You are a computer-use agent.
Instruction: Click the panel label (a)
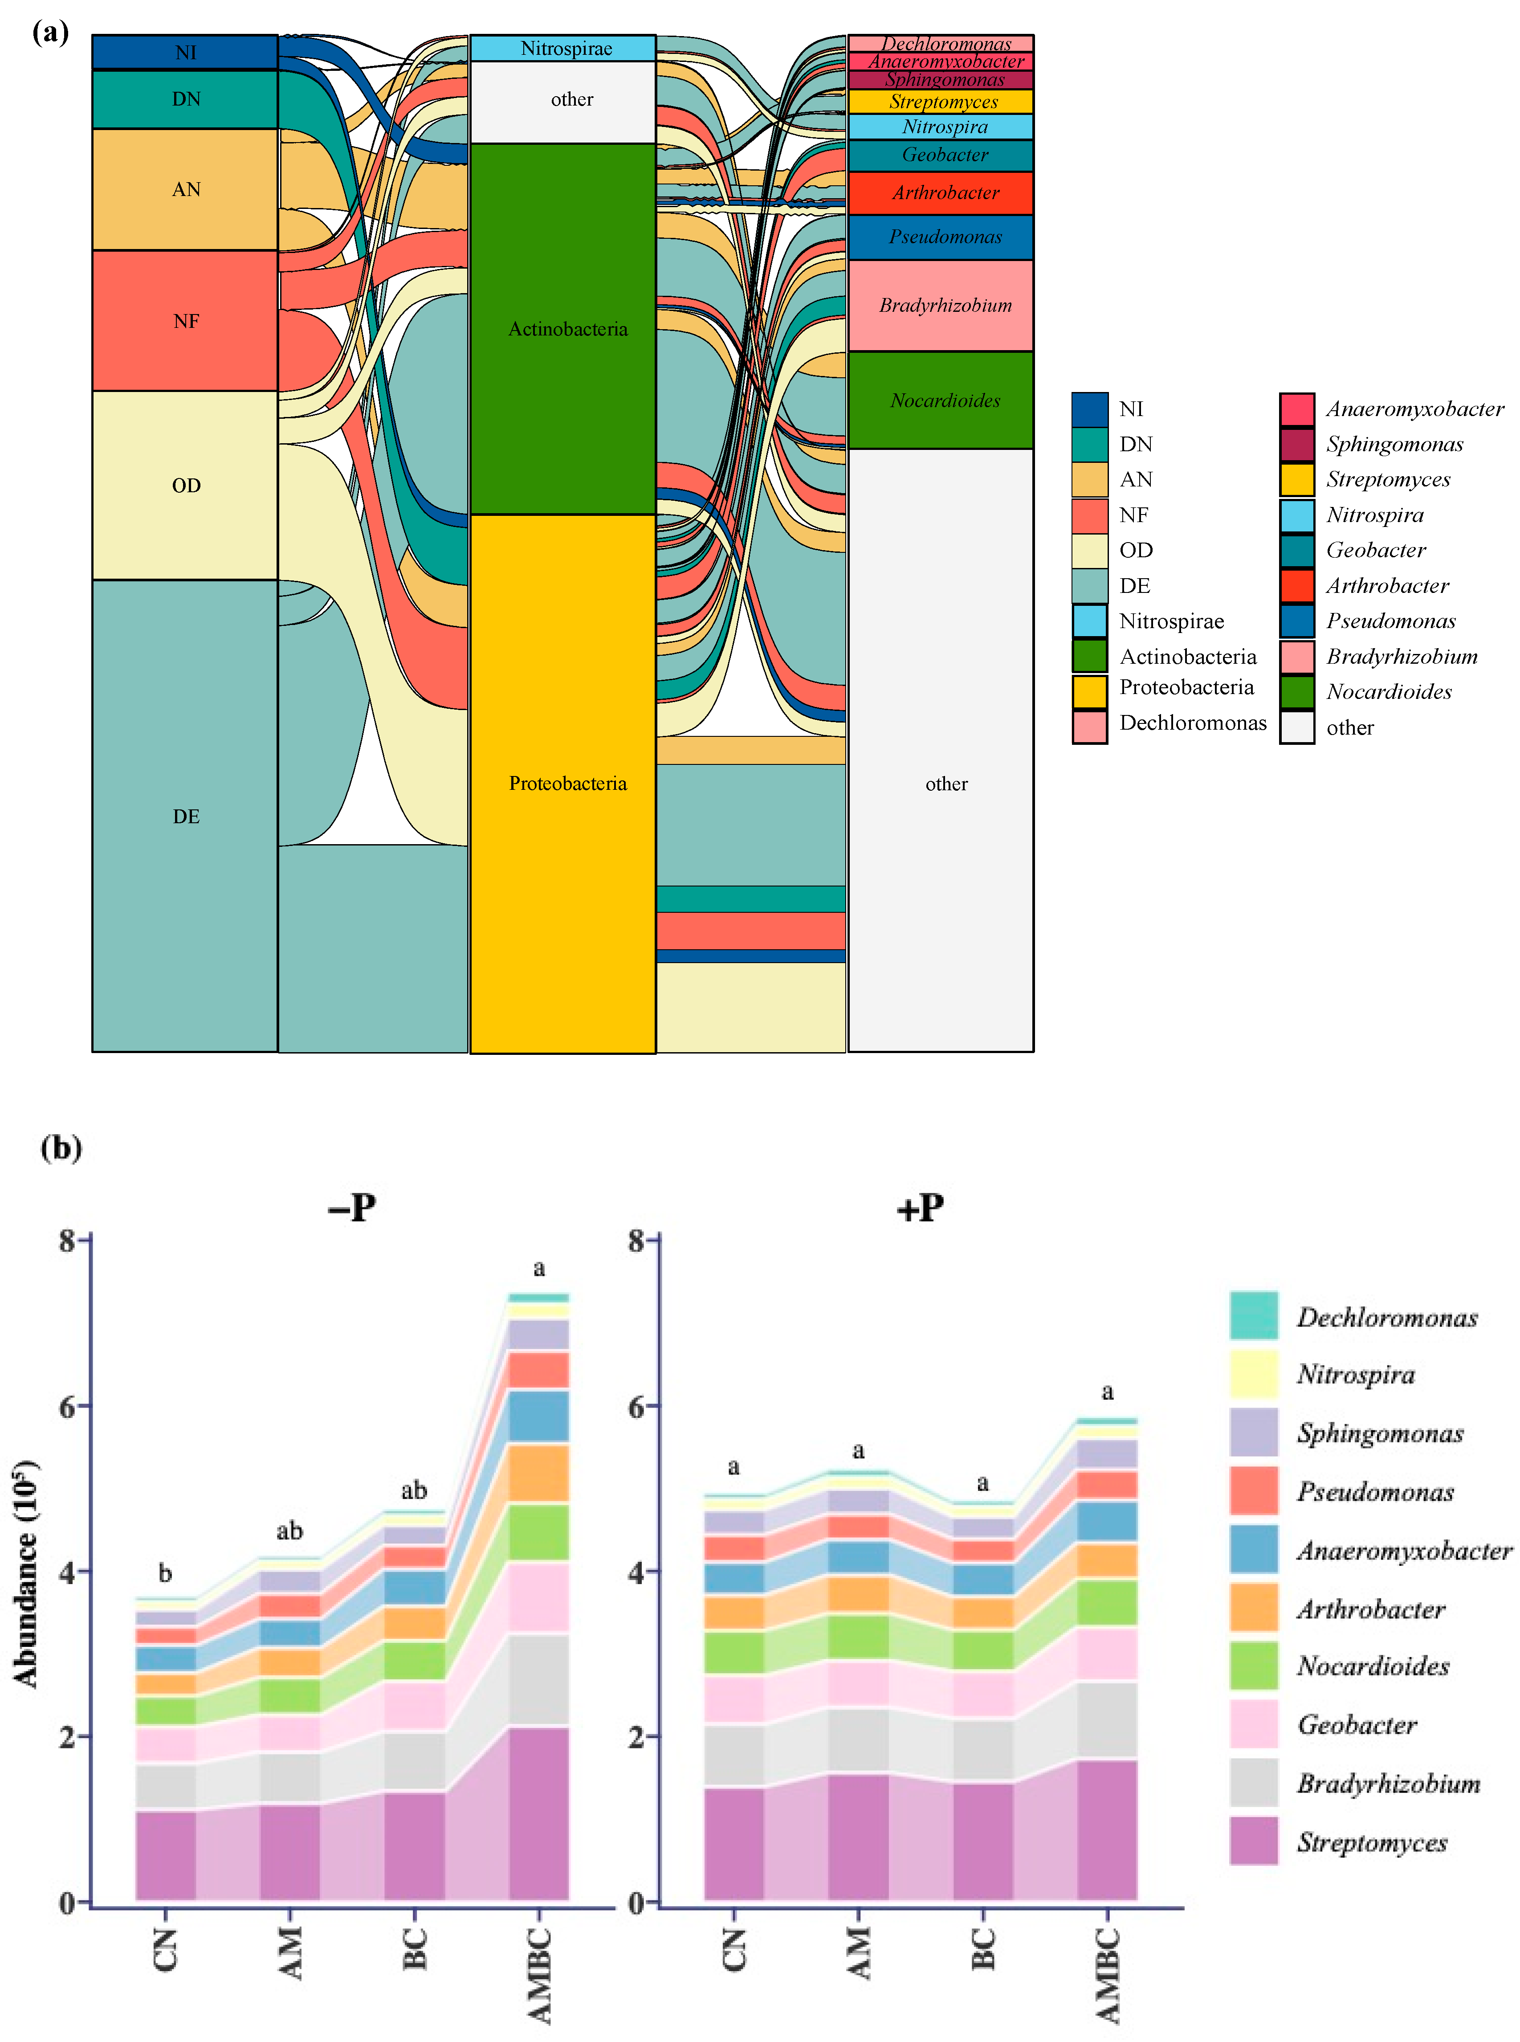point(51,33)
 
